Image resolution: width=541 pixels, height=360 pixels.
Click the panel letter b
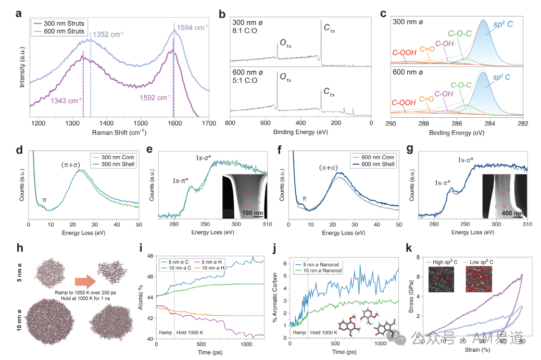[222, 14]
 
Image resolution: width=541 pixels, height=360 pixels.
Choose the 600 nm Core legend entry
[373, 156]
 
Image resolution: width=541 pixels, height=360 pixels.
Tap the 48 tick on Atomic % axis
[150, 257]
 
